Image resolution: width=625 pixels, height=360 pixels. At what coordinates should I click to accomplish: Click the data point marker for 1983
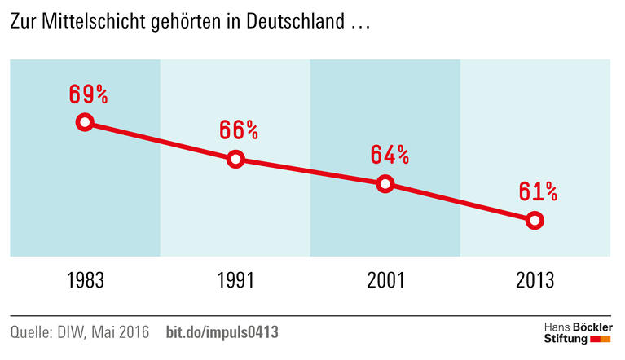pos(85,123)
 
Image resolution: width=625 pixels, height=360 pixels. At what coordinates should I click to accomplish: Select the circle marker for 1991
pos(235,159)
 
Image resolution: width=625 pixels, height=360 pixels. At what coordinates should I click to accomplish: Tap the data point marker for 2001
pos(385,183)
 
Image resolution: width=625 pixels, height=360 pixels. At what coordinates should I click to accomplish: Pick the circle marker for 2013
pos(535,220)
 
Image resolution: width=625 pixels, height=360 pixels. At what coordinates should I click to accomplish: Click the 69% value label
pos(88,94)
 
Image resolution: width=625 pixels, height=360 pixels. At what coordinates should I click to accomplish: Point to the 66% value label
pos(239,130)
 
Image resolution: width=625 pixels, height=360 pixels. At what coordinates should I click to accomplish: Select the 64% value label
pos(389,155)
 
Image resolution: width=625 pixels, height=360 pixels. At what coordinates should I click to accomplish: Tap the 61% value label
pos(538,191)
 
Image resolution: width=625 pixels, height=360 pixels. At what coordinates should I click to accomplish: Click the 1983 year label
pos(86,281)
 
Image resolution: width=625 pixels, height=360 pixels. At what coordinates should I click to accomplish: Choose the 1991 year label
pos(235,281)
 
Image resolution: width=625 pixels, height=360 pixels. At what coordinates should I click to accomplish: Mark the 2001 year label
pos(385,281)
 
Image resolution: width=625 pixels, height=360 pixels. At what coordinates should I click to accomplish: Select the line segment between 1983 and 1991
pos(160,141)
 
